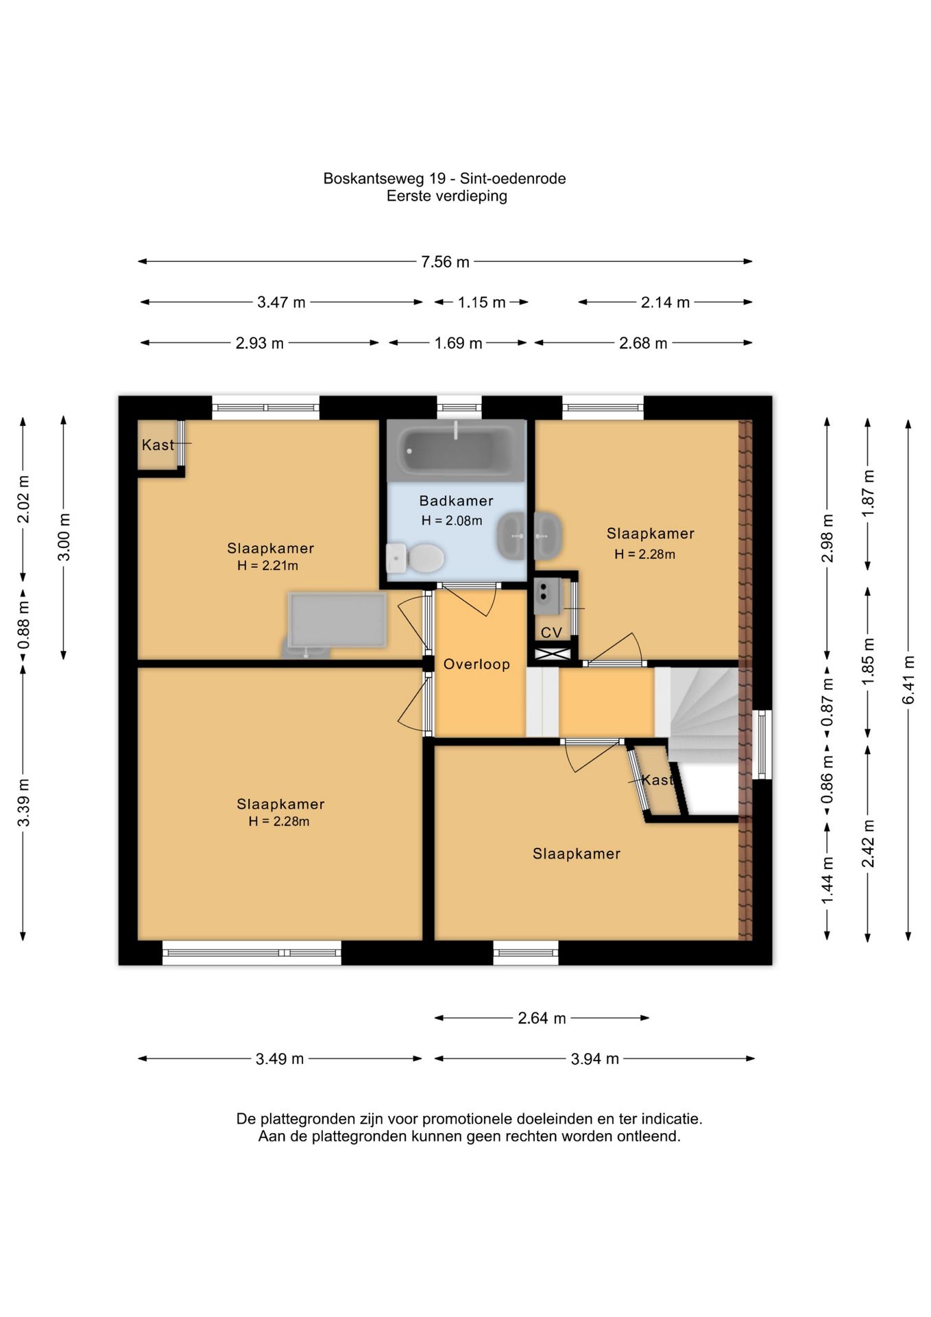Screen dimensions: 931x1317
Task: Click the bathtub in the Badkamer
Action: (x=456, y=451)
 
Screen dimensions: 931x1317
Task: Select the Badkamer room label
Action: (x=457, y=501)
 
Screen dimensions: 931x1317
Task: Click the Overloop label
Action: (x=476, y=664)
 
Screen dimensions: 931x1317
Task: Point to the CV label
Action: (x=551, y=632)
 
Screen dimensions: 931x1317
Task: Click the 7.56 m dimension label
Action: (x=446, y=262)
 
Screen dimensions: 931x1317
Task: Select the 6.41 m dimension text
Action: (x=908, y=680)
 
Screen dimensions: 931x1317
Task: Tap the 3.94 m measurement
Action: (x=595, y=1059)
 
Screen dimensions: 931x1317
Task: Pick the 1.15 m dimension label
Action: (x=482, y=302)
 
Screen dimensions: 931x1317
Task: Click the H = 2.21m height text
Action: (x=268, y=566)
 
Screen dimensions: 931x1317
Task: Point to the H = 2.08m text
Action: (x=452, y=521)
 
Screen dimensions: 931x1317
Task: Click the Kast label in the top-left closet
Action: (x=158, y=445)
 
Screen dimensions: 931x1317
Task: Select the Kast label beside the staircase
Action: (x=657, y=780)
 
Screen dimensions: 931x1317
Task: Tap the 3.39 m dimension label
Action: (x=23, y=803)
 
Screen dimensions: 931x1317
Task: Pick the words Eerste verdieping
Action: (x=447, y=196)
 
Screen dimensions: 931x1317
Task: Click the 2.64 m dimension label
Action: (x=542, y=1019)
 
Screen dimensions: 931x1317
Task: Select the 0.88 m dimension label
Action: (x=23, y=626)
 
